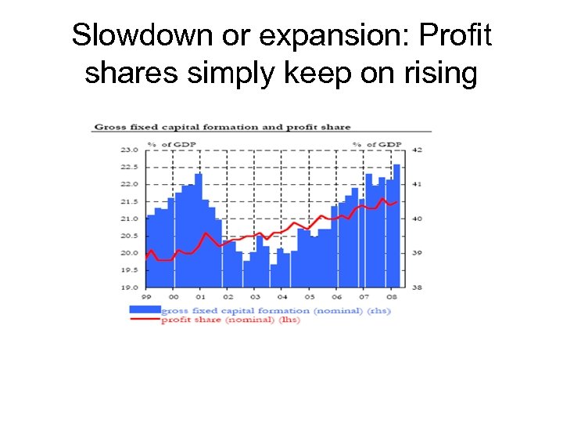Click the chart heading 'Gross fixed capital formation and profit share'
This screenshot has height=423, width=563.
pos(223,127)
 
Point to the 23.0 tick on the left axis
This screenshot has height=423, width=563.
pos(129,149)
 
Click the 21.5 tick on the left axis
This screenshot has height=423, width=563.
pos(129,201)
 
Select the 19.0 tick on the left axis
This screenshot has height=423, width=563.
pos(129,287)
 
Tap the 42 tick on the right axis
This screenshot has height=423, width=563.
pos(416,149)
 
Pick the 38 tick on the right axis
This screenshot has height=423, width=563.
pos(416,287)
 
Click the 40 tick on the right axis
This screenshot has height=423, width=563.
pos(416,219)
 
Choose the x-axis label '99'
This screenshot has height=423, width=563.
pos(146,298)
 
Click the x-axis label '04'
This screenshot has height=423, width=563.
pos(282,298)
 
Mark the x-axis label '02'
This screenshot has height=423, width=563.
pos(228,298)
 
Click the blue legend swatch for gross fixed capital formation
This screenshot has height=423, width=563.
pos(144,311)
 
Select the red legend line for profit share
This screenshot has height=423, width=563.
pos(144,320)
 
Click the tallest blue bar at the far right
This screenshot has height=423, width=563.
pos(397,226)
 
